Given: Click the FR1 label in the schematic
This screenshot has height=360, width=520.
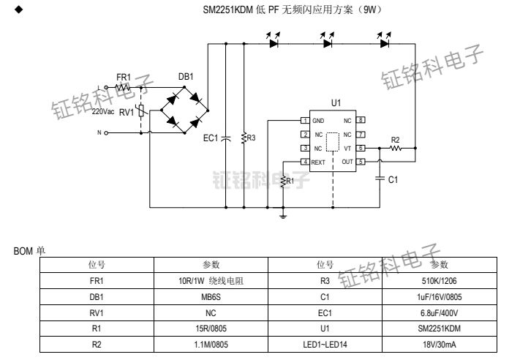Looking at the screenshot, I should click(x=123, y=77).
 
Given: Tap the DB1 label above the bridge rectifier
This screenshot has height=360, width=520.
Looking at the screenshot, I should click(x=186, y=77).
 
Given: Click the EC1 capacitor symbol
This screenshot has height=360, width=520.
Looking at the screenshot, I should click(x=226, y=137).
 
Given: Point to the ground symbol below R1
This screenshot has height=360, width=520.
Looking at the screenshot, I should click(x=283, y=215).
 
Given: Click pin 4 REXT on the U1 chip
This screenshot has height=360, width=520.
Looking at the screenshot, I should click(x=304, y=162).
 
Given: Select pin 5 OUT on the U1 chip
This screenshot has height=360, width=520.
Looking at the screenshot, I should click(x=361, y=162).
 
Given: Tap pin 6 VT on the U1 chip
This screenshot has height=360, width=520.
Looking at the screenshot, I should click(x=361, y=148).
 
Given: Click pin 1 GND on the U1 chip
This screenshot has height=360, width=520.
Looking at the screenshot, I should click(x=304, y=120).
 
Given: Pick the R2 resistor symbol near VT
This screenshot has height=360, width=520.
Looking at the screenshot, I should click(x=396, y=148).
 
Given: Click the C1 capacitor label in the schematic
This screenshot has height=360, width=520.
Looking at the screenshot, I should click(x=393, y=179).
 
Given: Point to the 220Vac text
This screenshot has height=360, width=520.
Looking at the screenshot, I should click(x=103, y=112).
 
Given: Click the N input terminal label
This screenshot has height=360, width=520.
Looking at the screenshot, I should click(x=99, y=133).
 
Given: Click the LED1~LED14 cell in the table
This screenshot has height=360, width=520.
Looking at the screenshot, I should click(x=325, y=345).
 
